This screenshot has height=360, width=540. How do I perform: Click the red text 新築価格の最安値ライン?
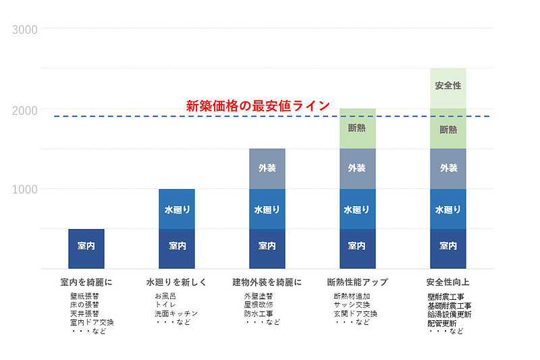pyautogui.click(x=258, y=105)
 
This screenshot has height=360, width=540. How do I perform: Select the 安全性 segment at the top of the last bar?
pyautogui.click(x=448, y=86)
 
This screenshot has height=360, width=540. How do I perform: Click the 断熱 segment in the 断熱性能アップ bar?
pyautogui.click(x=357, y=128)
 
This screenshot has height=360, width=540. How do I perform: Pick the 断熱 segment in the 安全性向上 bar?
pyautogui.click(x=448, y=129)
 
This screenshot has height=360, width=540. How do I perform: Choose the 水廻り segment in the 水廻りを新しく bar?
pyautogui.click(x=177, y=209)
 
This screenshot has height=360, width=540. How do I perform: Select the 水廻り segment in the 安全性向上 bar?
pyautogui.click(x=448, y=209)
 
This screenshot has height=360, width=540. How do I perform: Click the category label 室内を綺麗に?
pyautogui.click(x=86, y=282)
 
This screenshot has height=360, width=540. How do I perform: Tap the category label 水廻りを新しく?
pyautogui.click(x=177, y=282)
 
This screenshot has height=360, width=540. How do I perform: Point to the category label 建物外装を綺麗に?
pyautogui.click(x=267, y=282)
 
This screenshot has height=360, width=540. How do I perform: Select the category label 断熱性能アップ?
pyautogui.click(x=357, y=282)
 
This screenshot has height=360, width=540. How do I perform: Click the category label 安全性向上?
pyautogui.click(x=448, y=282)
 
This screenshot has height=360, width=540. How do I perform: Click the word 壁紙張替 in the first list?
pyautogui.click(x=84, y=296)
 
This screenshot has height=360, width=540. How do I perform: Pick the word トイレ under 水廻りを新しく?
pyautogui.click(x=165, y=305)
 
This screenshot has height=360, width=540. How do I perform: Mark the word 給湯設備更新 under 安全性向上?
pyautogui.click(x=450, y=315)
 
